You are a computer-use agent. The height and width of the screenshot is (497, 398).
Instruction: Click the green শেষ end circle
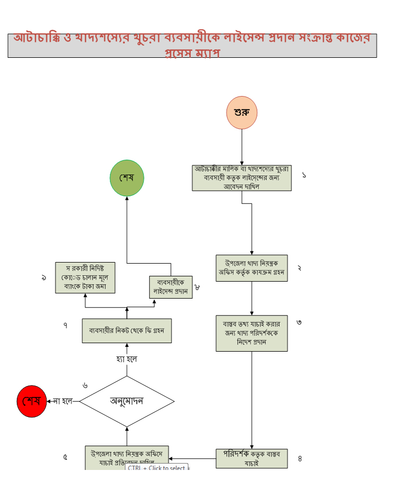click(127, 178)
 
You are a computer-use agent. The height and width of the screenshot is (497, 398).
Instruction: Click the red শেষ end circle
click(31, 401)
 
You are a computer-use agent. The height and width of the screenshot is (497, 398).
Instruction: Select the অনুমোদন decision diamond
click(127, 401)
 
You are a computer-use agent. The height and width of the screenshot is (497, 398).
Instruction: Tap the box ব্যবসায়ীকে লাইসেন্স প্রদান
click(170, 287)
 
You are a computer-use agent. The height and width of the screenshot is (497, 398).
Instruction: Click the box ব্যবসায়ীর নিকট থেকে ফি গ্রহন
click(127, 330)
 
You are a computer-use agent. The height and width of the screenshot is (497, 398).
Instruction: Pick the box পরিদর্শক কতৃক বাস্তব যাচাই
click(252, 459)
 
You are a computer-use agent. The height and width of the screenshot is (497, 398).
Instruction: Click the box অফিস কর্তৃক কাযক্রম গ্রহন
click(252, 268)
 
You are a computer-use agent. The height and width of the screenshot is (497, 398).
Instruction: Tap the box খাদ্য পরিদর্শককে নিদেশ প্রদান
click(252, 333)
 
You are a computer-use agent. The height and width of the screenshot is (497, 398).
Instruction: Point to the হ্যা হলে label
click(127, 359)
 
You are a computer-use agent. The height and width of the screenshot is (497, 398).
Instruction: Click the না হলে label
click(63, 401)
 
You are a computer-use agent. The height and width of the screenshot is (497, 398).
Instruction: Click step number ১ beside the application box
click(304, 175)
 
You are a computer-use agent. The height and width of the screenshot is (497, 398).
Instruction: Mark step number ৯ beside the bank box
click(44, 277)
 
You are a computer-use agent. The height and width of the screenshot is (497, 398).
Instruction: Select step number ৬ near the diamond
click(85, 385)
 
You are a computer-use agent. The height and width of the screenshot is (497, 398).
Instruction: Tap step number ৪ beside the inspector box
click(300, 459)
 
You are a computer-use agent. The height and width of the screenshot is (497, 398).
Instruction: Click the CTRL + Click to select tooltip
click(157, 468)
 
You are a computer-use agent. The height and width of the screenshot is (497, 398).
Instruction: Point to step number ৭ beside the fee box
click(65, 326)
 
